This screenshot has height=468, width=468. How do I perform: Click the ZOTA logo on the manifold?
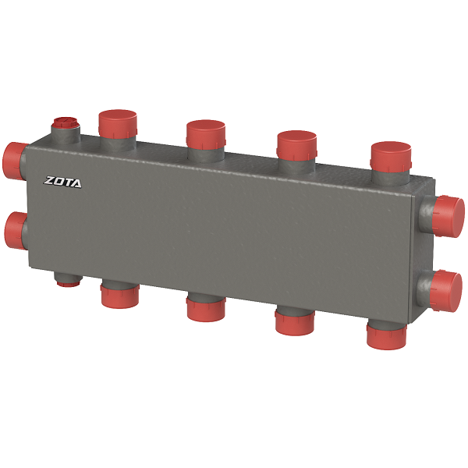(62, 182)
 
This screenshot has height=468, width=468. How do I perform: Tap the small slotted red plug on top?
(65, 123)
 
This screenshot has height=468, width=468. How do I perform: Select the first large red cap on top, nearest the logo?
(118, 124)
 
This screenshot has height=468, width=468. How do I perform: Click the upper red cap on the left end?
(14, 161)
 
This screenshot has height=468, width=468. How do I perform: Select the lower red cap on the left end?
(16, 231)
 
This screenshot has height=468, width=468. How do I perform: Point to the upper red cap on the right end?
(448, 217)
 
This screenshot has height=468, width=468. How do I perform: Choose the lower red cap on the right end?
(445, 291)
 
